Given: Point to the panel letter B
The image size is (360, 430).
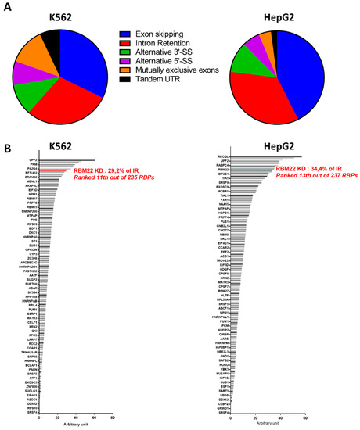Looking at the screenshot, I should (x=5, y=149).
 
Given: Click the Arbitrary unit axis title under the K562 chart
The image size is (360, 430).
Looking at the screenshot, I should (x=78, y=425).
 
